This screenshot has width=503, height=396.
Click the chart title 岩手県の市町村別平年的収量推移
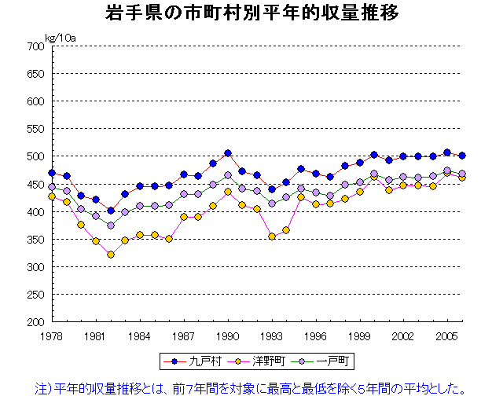coord(251,14)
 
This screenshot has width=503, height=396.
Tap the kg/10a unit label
coord(61,37)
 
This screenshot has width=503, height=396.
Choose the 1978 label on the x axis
coord(52,335)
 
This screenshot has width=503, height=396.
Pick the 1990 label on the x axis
coord(228,335)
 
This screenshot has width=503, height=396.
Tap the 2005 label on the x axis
coord(447,335)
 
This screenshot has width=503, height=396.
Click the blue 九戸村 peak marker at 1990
coord(228,153)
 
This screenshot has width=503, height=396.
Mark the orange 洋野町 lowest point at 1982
coord(111,255)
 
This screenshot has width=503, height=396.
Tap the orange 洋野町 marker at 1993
coord(272,236)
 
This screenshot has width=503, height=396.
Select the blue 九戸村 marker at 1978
coord(52,173)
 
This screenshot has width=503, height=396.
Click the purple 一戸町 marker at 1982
coord(111,225)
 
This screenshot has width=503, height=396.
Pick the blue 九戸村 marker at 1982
coord(111,211)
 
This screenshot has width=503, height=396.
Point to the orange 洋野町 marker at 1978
coord(52,196)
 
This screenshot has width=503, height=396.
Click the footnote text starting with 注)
coord(251,386)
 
